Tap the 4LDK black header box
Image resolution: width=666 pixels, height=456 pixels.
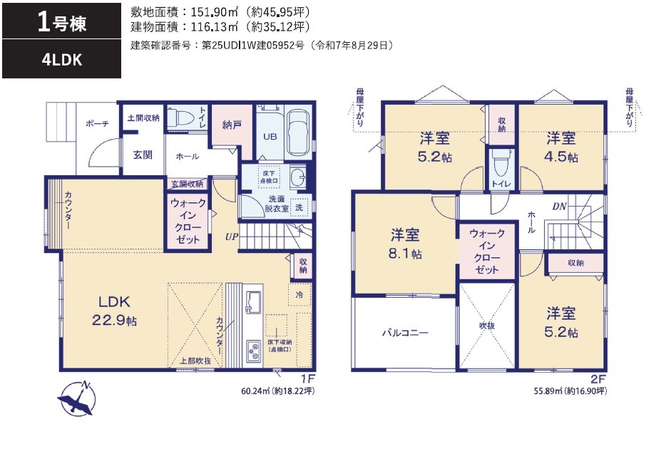[x=61, y=59]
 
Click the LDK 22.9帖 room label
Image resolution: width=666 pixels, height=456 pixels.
[x=114, y=311]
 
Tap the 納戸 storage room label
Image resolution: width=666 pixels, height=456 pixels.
[x=232, y=125]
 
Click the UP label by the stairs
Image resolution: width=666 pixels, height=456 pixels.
[x=232, y=237]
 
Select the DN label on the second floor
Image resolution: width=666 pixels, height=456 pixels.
[x=559, y=207]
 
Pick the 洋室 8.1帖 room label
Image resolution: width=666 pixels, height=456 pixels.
[x=405, y=244]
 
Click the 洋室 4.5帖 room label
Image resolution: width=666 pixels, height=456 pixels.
[x=560, y=147]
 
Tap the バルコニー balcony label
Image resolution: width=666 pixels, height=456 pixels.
[x=405, y=333]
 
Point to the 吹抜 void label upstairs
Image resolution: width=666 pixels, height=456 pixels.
[x=487, y=326]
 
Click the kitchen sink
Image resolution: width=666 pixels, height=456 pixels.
[x=254, y=302]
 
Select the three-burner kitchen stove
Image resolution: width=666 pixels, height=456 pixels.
[x=253, y=351]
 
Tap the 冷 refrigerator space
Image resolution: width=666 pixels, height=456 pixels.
[x=299, y=294]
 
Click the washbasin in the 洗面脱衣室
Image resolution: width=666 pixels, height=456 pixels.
[x=298, y=177]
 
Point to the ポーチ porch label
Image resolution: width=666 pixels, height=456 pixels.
[x=97, y=123]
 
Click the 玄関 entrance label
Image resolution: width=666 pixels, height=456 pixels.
[x=143, y=155]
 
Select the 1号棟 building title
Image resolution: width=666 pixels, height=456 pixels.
[x=62, y=22]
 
